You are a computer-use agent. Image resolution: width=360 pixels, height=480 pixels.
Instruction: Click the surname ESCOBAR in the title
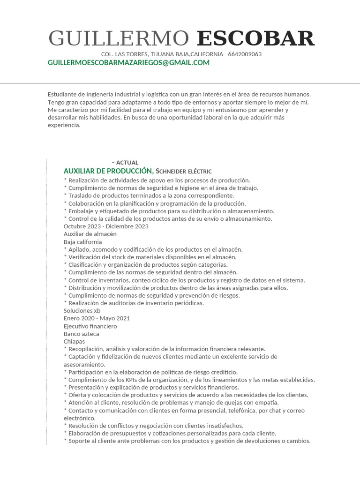(255, 38)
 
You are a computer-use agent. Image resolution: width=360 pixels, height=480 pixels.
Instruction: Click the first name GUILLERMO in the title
(119, 38)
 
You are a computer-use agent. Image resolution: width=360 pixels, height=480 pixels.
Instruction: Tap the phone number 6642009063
(245, 54)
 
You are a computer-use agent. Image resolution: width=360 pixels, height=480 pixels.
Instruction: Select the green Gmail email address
(128, 63)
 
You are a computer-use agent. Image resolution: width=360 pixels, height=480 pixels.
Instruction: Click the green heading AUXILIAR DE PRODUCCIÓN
(108, 171)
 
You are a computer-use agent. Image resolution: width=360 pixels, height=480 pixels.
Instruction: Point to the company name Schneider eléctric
(184, 172)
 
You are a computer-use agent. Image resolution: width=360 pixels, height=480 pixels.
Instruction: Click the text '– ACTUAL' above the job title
(125, 163)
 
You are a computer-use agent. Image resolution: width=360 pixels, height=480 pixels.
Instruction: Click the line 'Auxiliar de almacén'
(90, 234)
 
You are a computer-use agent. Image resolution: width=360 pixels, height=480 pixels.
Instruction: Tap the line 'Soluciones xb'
(82, 310)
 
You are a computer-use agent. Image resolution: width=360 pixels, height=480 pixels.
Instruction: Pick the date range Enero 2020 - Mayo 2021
(97, 318)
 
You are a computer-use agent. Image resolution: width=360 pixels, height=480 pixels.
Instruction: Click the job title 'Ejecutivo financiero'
(90, 326)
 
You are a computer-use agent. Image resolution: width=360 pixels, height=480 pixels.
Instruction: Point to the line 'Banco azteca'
(82, 334)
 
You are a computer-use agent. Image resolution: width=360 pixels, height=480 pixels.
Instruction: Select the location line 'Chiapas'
(75, 341)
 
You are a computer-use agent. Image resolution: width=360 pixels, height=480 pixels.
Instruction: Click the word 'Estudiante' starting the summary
(62, 94)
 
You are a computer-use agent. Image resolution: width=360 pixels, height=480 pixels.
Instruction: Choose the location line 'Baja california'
(83, 242)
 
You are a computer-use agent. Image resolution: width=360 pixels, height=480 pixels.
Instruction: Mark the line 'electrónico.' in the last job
(80, 418)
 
